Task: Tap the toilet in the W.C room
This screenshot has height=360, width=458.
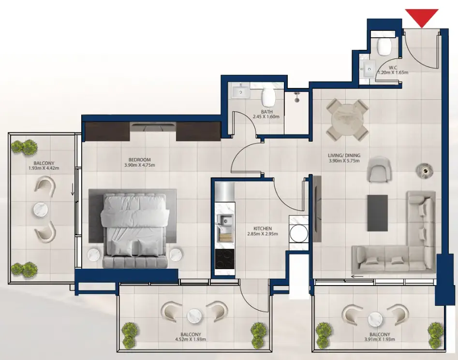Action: (x=385, y=47)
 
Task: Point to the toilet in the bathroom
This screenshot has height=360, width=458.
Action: (x=267, y=98)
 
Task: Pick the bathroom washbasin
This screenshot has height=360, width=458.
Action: (x=240, y=91)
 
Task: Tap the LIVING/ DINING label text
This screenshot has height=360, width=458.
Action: (x=344, y=156)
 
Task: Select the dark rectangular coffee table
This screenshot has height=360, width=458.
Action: (x=377, y=213)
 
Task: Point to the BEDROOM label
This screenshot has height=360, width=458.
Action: (x=140, y=160)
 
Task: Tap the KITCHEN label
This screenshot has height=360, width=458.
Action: (x=263, y=229)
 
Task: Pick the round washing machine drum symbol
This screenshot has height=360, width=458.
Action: (x=298, y=234)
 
